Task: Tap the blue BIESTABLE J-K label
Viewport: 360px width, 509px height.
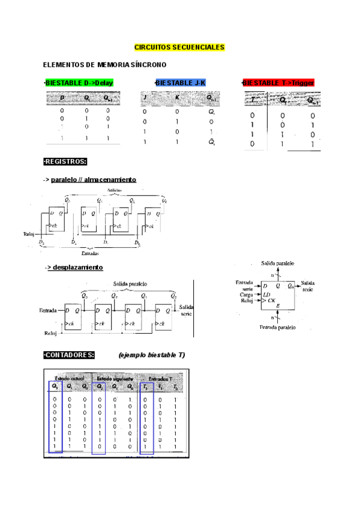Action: pos(180,83)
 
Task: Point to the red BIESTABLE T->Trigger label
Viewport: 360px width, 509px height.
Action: pos(278,83)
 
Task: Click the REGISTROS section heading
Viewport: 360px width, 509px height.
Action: pos(65,161)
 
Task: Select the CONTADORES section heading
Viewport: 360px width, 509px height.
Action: pos(69,355)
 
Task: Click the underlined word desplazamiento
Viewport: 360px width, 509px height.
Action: pos(79,267)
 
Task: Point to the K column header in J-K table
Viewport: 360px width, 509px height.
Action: pos(177,97)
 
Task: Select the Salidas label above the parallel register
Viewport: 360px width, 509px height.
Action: pos(116,190)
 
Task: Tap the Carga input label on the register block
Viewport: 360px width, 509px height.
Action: pos(246,295)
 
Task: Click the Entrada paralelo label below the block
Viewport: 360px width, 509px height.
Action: pos(277,328)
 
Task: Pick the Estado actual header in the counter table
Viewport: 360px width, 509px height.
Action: pos(70,379)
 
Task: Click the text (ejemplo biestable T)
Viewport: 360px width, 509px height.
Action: pos(152,355)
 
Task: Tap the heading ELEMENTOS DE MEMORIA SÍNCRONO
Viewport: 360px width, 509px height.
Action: pos(104,64)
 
